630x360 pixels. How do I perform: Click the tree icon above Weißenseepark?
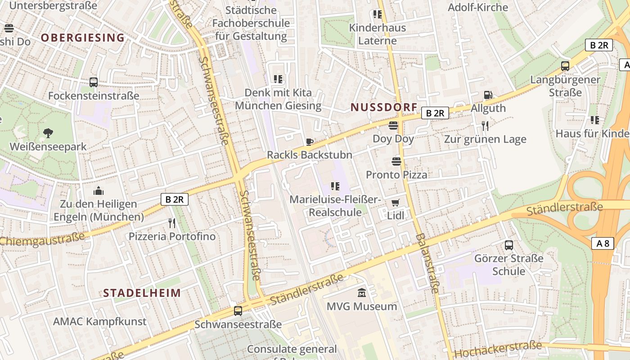48,133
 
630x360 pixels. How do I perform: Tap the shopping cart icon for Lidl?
395,202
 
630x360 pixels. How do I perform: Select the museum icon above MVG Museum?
361,293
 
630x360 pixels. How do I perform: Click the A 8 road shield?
603,243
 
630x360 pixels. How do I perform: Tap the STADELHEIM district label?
142,293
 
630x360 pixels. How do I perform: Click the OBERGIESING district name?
82,38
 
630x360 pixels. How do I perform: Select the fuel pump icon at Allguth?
488,95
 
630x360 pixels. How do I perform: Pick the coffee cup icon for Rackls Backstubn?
309,142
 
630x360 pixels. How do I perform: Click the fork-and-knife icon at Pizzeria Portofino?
171,223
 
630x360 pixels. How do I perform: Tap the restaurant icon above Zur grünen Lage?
485,126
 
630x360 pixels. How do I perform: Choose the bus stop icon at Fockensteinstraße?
94,82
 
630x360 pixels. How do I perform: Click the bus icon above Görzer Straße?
508,245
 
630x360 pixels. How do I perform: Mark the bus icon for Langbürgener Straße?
565,66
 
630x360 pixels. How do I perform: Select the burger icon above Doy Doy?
393,126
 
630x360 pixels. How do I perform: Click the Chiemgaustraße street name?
43,239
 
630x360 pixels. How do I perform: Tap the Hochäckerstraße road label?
497,348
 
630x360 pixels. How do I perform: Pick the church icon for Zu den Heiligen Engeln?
99,191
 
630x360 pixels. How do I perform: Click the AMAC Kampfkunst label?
99,321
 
